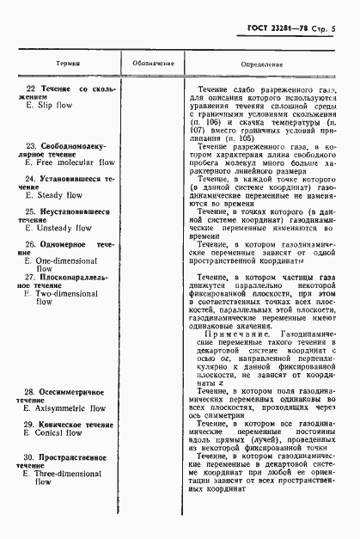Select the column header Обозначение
153,64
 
